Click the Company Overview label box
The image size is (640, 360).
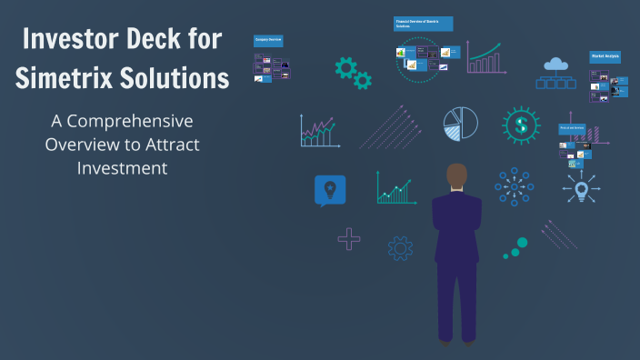click(x=268, y=40)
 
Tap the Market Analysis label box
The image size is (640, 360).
click(x=605, y=56)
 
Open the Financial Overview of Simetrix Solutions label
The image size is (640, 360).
click(x=423, y=24)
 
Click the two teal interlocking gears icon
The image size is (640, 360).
click(x=353, y=73)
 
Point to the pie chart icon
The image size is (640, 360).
click(x=461, y=125)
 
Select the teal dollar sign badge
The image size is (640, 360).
click(x=521, y=125)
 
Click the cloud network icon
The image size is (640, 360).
click(x=555, y=73)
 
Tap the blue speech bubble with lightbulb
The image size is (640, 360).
click(x=330, y=190)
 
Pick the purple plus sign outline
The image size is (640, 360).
click(x=348, y=239)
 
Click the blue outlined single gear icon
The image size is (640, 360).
click(x=400, y=247)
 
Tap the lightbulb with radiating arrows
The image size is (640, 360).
click(x=580, y=189)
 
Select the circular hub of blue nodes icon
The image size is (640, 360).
click(x=514, y=187)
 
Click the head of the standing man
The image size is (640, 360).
click(x=456, y=176)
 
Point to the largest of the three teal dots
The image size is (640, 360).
click(x=521, y=243)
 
